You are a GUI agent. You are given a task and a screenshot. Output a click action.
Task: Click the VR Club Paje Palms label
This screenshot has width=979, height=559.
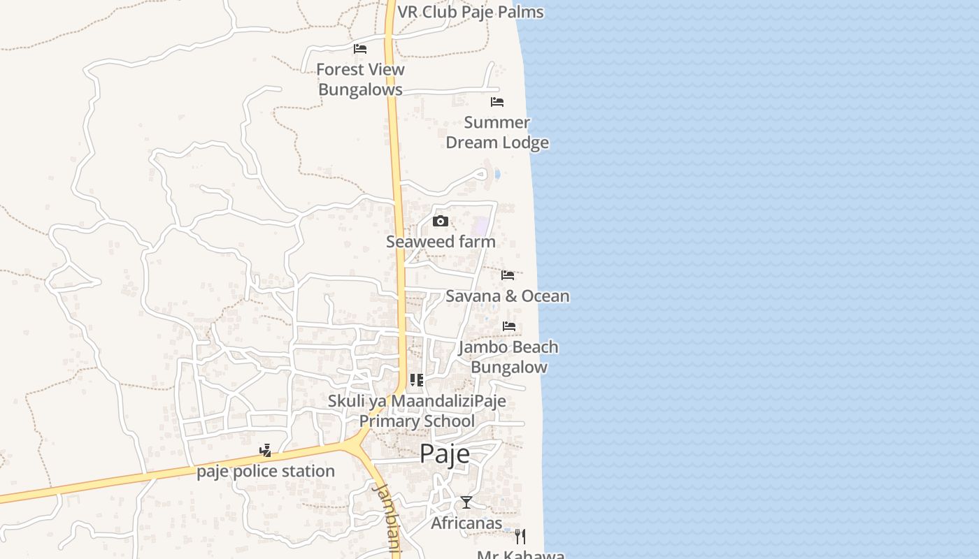470,12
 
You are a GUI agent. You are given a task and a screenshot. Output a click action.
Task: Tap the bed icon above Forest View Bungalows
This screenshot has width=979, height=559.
360,49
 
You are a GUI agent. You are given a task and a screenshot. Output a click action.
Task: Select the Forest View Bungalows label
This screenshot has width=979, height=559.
360,80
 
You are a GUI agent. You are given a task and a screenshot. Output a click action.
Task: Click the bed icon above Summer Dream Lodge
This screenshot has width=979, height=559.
497,102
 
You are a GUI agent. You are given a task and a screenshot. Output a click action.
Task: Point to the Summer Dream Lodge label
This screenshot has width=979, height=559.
497,132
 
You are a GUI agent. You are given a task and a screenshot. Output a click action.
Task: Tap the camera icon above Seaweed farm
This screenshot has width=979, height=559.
441,222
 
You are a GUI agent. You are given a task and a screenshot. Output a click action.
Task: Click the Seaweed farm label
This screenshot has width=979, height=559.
441,242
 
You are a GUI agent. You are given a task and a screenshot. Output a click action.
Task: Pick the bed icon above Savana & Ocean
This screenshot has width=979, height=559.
508,275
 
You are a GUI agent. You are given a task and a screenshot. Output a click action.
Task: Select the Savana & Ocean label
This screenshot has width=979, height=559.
508,296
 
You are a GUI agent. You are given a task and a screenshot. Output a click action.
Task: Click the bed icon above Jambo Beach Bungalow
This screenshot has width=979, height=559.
509,326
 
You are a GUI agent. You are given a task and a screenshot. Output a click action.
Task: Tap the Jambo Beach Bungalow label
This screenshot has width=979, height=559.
508,357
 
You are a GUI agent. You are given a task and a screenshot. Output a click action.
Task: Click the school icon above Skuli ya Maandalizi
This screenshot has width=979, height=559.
417,380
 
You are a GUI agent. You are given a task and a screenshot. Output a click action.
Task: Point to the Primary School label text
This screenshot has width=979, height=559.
417,421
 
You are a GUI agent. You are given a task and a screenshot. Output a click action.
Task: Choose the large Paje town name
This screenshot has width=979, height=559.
445,454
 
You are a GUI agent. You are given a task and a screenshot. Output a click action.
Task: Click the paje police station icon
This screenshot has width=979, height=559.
265,451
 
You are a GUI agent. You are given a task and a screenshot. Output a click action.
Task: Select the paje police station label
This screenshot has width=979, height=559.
266,472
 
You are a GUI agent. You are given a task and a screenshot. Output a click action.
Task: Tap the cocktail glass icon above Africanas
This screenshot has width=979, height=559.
466,502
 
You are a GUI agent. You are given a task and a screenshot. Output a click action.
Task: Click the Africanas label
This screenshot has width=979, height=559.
466,523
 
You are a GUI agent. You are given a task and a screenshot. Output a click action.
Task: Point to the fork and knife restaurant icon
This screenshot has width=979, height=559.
520,536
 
